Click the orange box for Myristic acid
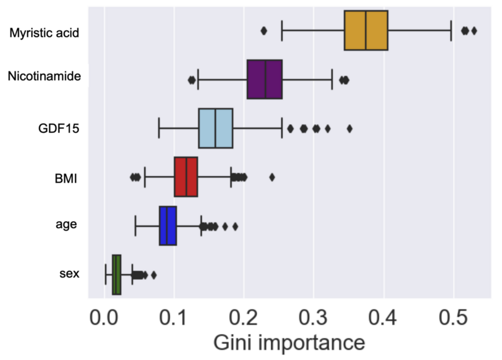tap(366, 30)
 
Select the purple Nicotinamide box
tap(265, 79)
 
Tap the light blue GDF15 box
tap(216, 128)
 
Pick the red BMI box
tap(185, 177)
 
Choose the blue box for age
tap(168, 226)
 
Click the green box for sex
tap(116, 275)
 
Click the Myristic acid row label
tap(45, 33)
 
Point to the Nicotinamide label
tap(44, 76)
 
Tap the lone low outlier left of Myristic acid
tap(263, 31)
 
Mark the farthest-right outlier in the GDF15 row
tap(350, 128)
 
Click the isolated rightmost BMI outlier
tap(272, 177)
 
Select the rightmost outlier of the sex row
tap(154, 275)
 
